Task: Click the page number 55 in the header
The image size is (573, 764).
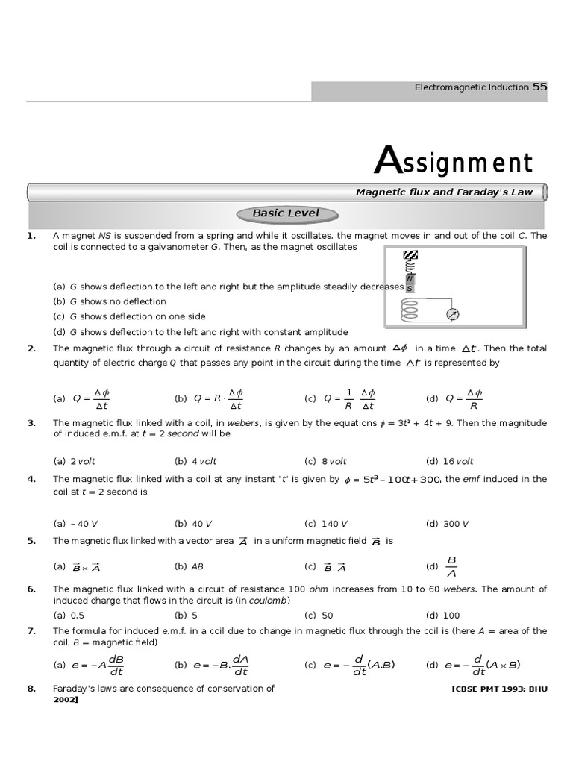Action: (x=539, y=87)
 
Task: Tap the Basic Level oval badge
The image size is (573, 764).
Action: (x=286, y=213)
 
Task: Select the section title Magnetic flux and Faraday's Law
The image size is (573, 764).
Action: (x=444, y=192)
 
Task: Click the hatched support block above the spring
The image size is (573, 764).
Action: (x=410, y=255)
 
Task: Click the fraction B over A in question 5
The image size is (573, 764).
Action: (x=451, y=566)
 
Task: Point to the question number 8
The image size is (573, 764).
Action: (x=31, y=689)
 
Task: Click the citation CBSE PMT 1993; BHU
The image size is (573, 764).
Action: (x=499, y=689)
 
